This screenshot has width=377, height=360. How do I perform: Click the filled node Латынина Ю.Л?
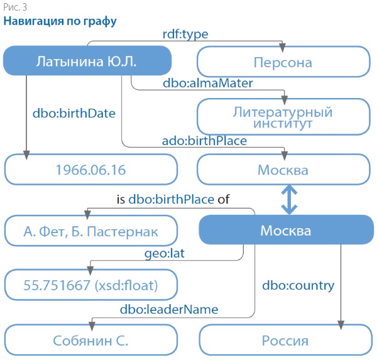point(87,62)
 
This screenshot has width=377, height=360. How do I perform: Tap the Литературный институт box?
point(283,117)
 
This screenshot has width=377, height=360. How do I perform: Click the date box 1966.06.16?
point(90,170)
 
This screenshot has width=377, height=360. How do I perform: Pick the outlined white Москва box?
point(283,170)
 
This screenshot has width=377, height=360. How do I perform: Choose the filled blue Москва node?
point(285,231)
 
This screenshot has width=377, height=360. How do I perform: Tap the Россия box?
point(285,341)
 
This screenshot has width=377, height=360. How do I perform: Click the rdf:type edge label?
point(185,34)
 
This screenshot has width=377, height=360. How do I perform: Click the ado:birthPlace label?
point(205,141)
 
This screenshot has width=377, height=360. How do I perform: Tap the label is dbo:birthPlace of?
point(173,200)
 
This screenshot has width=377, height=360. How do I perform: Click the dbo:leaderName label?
point(169,309)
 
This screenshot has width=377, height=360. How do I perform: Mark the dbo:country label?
point(298,285)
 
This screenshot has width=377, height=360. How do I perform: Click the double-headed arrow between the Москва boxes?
point(288,200)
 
